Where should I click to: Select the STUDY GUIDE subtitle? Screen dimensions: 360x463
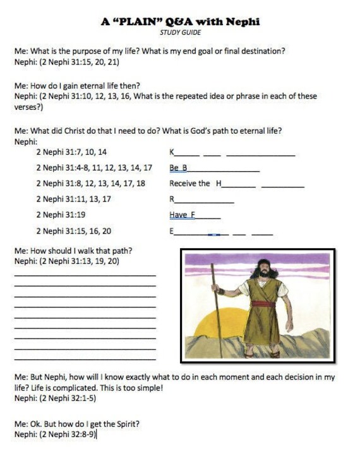(180, 32)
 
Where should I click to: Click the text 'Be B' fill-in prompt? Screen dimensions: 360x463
(178, 167)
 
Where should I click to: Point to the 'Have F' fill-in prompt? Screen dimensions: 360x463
(182, 215)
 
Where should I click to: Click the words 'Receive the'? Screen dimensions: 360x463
(189, 183)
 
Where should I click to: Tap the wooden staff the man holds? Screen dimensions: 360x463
(217, 310)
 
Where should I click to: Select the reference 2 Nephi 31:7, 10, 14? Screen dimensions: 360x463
(71, 152)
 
